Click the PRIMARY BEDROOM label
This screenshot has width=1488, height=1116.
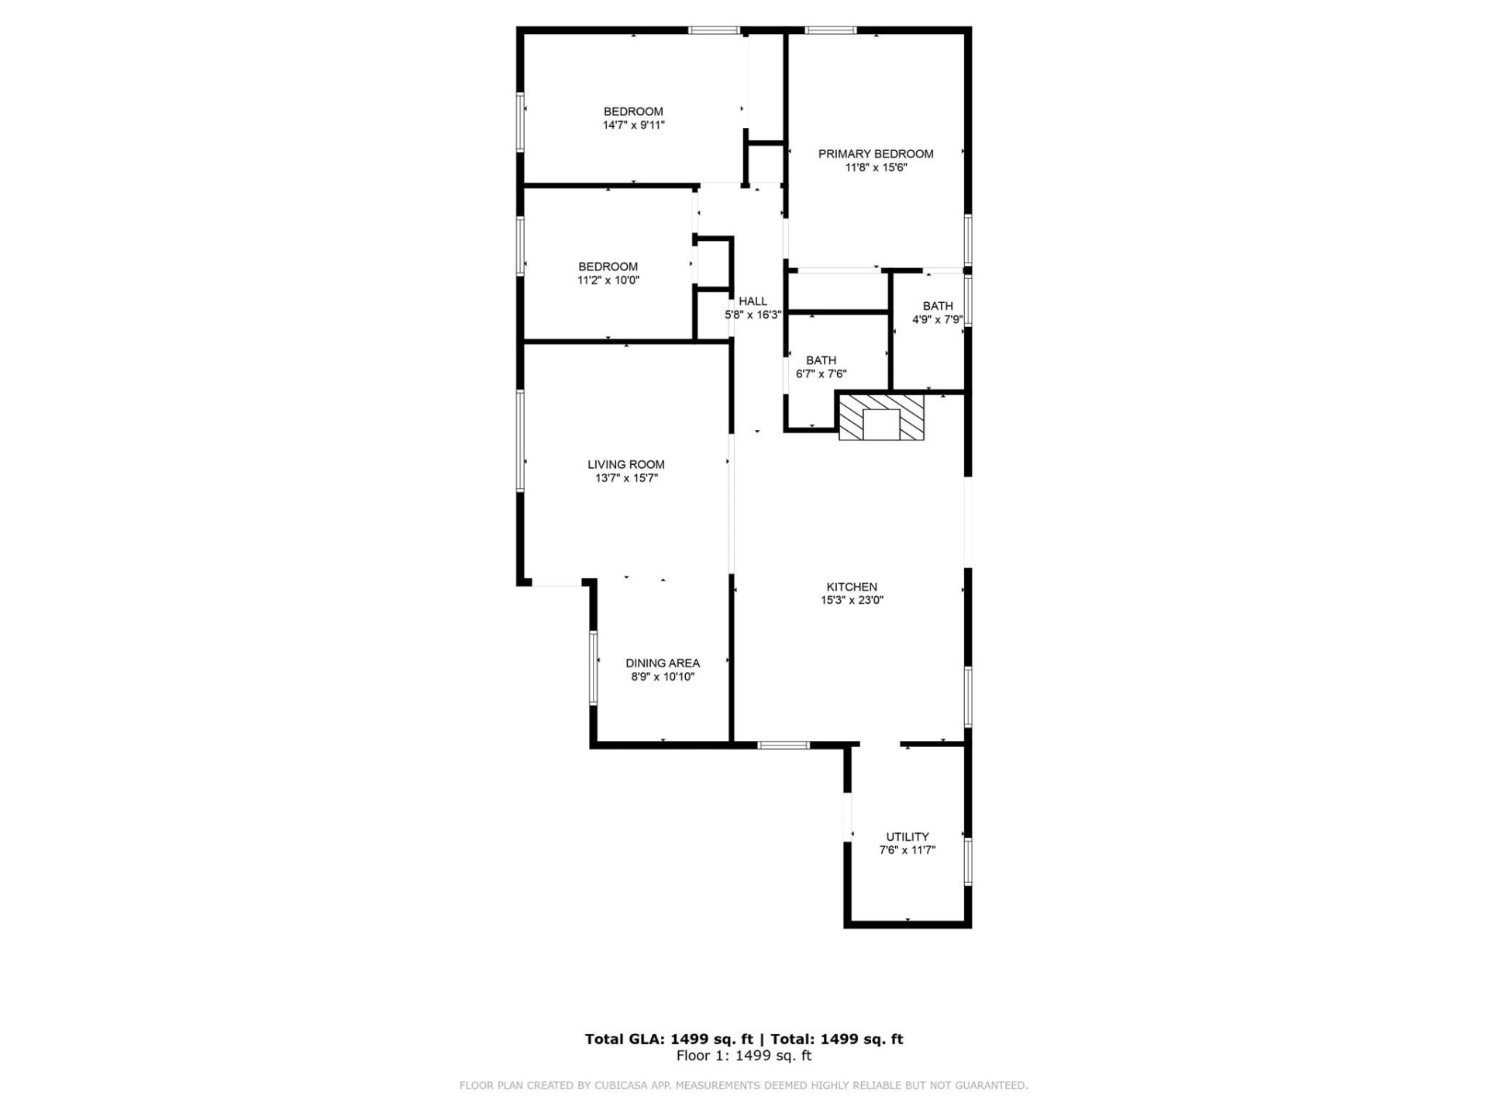click(x=876, y=154)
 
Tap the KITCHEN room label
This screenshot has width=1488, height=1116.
click(x=852, y=587)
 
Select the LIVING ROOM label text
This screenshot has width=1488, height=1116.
click(x=625, y=464)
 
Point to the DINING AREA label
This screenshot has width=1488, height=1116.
click(x=663, y=663)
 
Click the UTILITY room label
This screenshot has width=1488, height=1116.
click(x=908, y=837)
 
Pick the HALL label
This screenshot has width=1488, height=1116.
click(x=753, y=301)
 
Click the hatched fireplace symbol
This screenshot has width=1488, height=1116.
click(x=882, y=418)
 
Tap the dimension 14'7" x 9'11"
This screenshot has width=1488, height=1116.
click(x=633, y=125)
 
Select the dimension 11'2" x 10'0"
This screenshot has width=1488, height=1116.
click(x=608, y=280)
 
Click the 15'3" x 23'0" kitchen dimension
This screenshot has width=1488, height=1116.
click(x=852, y=600)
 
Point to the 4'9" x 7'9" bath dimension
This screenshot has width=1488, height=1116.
click(x=937, y=319)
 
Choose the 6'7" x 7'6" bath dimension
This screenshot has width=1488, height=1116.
click(x=821, y=374)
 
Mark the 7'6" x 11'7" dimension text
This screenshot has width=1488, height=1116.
click(x=908, y=850)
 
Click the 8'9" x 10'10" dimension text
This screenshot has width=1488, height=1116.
click(x=663, y=677)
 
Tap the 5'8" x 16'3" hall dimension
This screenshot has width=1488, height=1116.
click(x=753, y=315)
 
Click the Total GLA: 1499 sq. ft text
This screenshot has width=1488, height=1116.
click(x=669, y=1039)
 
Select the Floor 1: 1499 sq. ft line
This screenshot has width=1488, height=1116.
click(x=744, y=1056)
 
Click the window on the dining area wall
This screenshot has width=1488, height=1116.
click(x=594, y=668)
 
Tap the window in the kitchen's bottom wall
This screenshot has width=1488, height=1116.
click(x=784, y=745)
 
